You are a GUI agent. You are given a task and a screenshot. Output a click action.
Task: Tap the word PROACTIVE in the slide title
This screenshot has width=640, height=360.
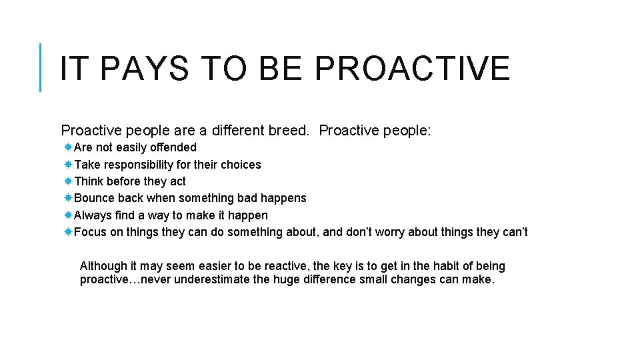pyautogui.click(x=412, y=69)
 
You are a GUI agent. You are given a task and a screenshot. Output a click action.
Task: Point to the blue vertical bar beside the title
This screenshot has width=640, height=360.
pyautogui.click(x=41, y=67)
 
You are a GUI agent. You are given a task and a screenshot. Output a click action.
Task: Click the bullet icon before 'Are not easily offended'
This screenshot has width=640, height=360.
pyautogui.click(x=69, y=147)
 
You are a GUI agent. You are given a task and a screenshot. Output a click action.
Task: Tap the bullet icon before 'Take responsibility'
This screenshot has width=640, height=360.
pyautogui.click(x=69, y=165)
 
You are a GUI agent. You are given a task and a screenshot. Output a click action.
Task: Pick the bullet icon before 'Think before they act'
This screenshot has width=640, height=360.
pyautogui.click(x=69, y=181)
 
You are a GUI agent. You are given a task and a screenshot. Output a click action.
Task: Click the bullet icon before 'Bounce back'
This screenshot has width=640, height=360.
pyautogui.click(x=69, y=198)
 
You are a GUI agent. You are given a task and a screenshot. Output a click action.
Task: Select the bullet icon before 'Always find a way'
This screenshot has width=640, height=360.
pyautogui.click(x=69, y=215)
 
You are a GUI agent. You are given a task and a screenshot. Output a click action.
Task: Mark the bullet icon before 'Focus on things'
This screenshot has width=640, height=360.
pyautogui.click(x=69, y=232)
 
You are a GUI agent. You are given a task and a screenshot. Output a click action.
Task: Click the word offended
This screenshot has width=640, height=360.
pyautogui.click(x=173, y=147)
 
